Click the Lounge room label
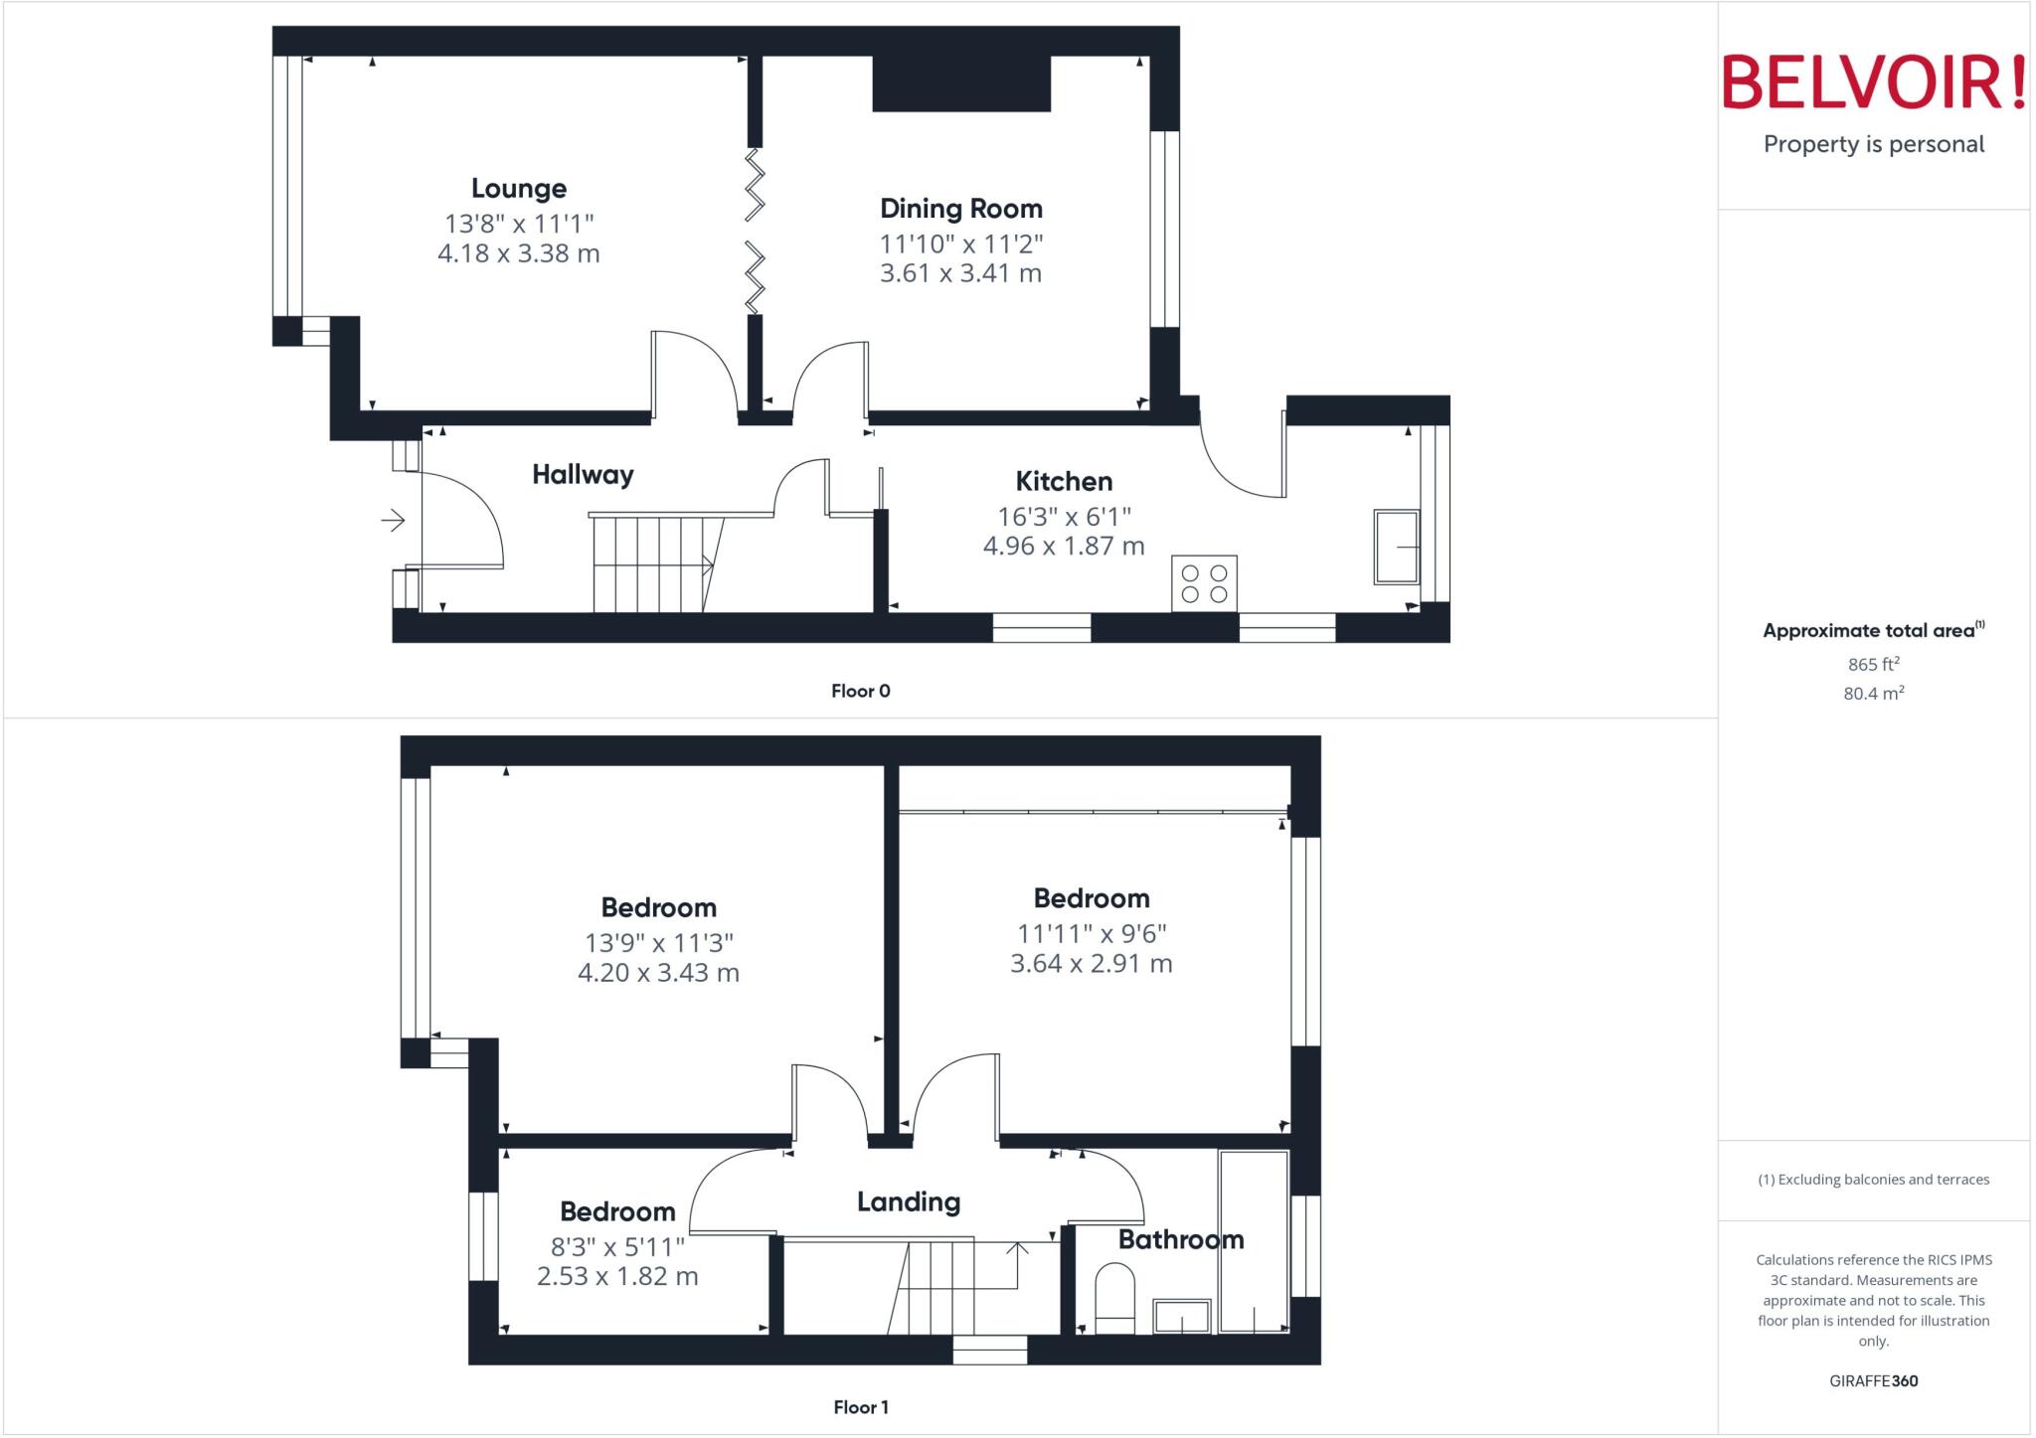pyautogui.click(x=519, y=189)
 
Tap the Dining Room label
pyautogui.click(x=960, y=209)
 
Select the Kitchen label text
pyautogui.click(x=1064, y=482)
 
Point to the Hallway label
pyautogui.click(x=583, y=475)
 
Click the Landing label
pyautogui.click(x=909, y=1202)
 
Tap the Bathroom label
pyautogui.click(x=1181, y=1239)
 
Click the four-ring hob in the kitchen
pyautogui.click(x=1204, y=583)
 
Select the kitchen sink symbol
pyautogui.click(x=1396, y=547)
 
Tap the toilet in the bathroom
pyautogui.click(x=1114, y=1298)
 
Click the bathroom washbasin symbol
pyautogui.click(x=1182, y=1316)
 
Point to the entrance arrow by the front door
pyautogui.click(x=393, y=520)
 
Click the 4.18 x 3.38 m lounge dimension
pyautogui.click(x=519, y=253)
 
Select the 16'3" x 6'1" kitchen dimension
pyautogui.click(x=1064, y=517)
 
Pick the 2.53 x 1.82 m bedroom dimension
pyautogui.click(x=617, y=1277)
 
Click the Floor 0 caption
pyautogui.click(x=861, y=692)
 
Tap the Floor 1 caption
pyautogui.click(x=861, y=1407)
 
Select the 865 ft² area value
pyautogui.click(x=1873, y=664)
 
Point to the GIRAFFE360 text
pyautogui.click(x=1873, y=1380)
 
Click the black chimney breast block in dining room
pyautogui.click(x=961, y=83)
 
